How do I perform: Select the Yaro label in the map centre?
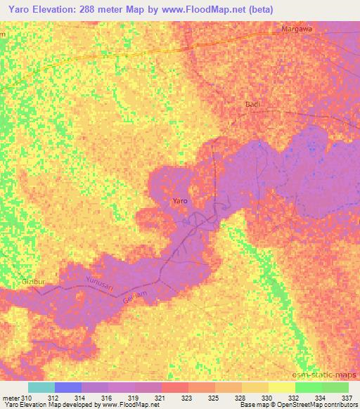[181, 201]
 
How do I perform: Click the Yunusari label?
[99, 283]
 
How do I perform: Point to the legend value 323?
[186, 398]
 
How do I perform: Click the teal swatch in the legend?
[41, 387]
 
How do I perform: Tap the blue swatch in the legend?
[67, 387]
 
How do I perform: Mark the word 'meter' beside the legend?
[11, 398]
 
